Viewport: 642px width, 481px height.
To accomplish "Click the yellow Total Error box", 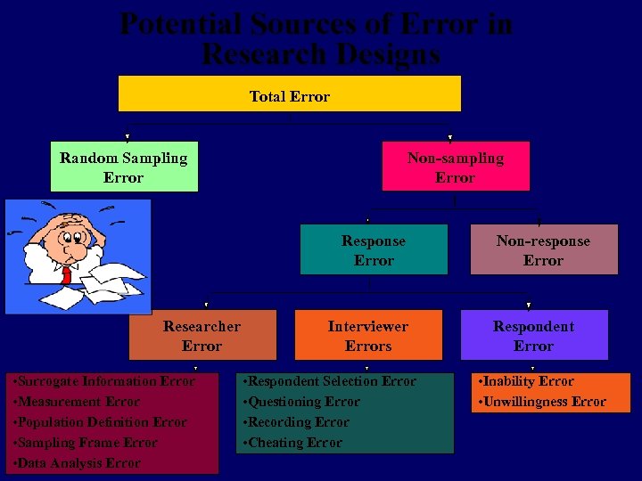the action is click(x=290, y=94).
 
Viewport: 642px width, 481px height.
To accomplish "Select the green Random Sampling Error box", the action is click(x=124, y=167).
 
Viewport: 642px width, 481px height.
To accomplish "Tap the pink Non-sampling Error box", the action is click(x=456, y=167).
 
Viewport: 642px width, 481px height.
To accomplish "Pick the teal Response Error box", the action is click(x=374, y=250).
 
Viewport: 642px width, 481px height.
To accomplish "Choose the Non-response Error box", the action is click(x=543, y=250).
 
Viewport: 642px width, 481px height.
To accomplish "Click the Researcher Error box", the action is click(x=202, y=336).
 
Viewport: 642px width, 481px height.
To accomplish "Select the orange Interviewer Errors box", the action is click(x=368, y=336).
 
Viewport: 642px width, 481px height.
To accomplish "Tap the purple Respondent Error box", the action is click(x=534, y=336).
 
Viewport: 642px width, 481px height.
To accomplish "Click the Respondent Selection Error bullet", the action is click(x=331, y=381).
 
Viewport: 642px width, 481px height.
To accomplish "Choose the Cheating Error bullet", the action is click(x=293, y=443).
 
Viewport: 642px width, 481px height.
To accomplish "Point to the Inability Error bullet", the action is click(x=527, y=381).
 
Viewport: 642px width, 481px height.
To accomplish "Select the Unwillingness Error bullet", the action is click(x=543, y=402).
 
